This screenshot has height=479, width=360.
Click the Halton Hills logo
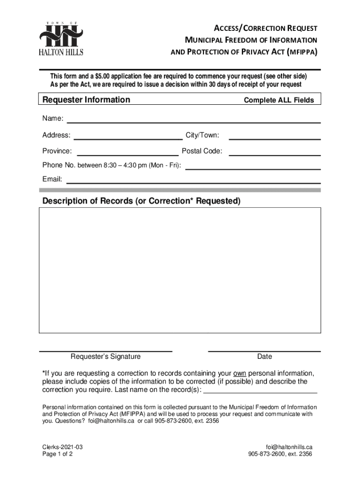61,39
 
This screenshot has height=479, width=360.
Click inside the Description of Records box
180,270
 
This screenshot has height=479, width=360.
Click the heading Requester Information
86,100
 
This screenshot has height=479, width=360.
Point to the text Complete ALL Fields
279,100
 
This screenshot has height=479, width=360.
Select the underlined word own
239,373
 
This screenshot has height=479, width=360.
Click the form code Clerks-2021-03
63,447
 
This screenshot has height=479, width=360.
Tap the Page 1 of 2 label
58,454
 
